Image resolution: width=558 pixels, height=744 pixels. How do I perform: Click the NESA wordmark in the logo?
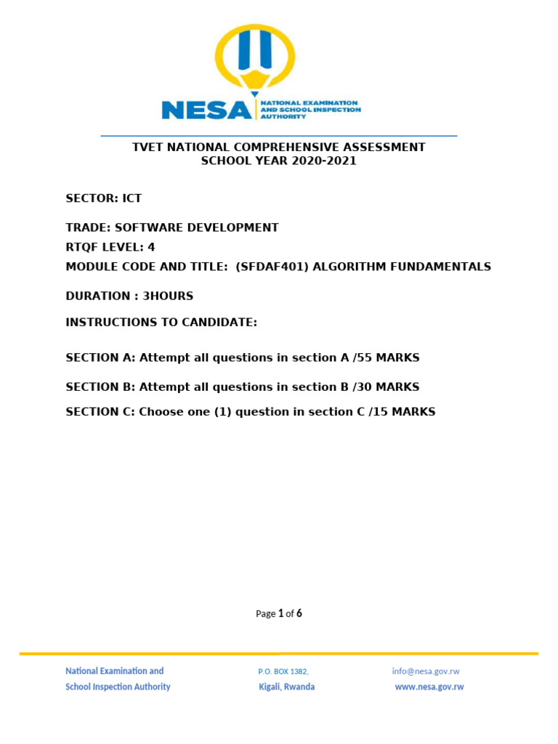[206, 109]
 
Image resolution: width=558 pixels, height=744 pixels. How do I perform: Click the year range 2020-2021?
[325, 161]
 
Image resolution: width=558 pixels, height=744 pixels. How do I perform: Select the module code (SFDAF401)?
[267, 267]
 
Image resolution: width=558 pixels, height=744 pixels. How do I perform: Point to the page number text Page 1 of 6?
[279, 613]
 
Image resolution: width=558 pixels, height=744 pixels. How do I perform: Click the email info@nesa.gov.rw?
[426, 671]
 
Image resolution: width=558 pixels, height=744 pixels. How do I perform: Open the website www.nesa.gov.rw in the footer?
[429, 687]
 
